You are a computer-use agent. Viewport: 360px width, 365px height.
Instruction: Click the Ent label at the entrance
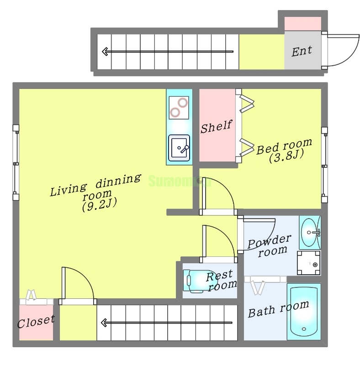click(x=302, y=51)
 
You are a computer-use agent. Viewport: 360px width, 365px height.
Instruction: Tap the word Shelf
click(x=217, y=126)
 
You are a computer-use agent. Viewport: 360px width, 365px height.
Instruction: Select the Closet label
click(x=36, y=322)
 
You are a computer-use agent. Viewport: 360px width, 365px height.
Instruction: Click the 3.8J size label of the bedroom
click(x=286, y=156)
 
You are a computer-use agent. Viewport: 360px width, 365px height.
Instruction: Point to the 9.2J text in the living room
click(x=99, y=204)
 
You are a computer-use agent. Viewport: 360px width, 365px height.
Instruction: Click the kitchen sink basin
click(x=179, y=148)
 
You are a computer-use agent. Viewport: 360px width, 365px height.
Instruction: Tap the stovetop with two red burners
click(x=179, y=108)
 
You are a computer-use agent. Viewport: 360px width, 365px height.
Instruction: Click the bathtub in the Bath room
click(x=304, y=312)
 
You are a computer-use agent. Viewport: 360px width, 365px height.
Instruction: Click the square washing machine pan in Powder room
click(x=308, y=263)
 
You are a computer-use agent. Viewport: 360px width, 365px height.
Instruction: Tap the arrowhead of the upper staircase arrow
click(x=105, y=52)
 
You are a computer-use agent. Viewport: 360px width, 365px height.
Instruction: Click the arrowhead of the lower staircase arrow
click(x=104, y=323)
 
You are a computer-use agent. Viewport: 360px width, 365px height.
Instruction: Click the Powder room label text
click(x=270, y=245)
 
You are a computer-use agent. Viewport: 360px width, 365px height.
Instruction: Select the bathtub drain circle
click(x=304, y=329)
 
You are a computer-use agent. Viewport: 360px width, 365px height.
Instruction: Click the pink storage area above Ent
click(x=302, y=24)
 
